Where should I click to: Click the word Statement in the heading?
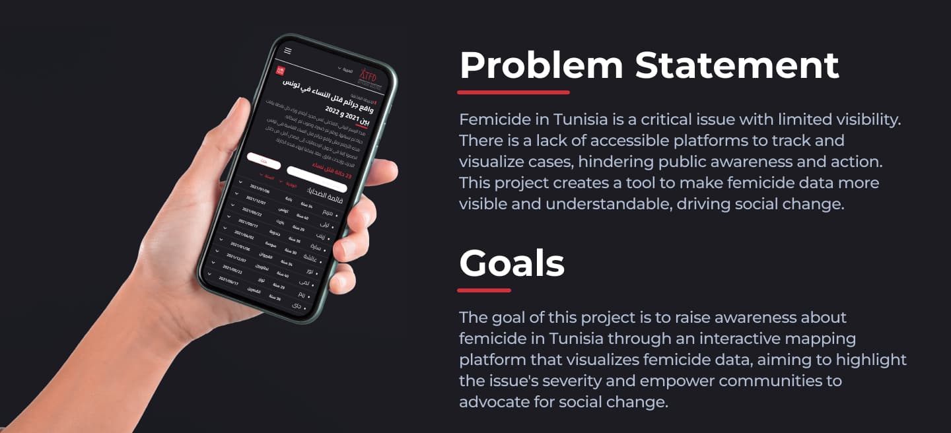(737, 65)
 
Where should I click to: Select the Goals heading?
(512, 263)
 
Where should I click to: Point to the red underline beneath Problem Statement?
(513, 92)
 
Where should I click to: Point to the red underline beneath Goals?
(484, 290)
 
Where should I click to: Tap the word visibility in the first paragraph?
(859, 119)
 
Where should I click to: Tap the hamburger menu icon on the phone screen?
(288, 51)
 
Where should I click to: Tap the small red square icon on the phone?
(281, 70)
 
